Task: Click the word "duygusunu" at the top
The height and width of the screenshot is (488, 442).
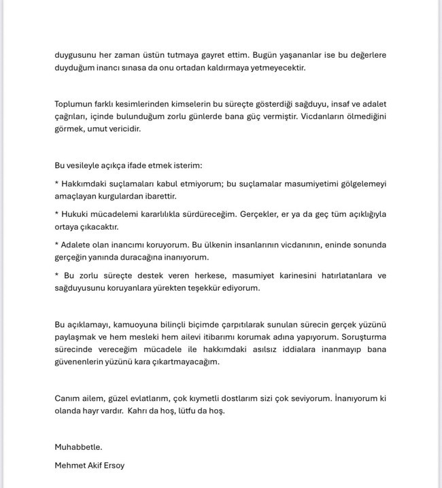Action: pyautogui.click(x=76, y=55)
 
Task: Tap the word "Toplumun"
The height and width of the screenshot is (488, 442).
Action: pyautogui.click(x=75, y=104)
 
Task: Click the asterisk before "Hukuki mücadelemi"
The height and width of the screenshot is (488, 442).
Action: pyautogui.click(x=56, y=213)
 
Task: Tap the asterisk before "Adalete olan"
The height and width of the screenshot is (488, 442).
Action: pyautogui.click(x=56, y=244)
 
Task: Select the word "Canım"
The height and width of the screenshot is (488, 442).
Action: pyautogui.click(x=68, y=398)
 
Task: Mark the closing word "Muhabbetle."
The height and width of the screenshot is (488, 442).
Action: pyautogui.click(x=78, y=447)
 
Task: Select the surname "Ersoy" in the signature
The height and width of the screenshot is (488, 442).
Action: pyautogui.click(x=114, y=466)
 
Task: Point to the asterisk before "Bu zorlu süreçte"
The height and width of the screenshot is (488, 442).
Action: pyautogui.click(x=56, y=275)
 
